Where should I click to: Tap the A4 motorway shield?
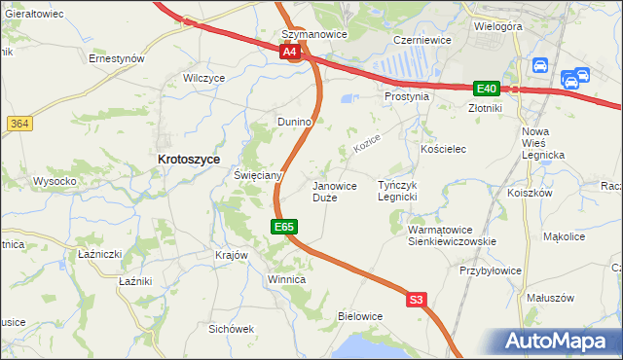[x=289, y=53]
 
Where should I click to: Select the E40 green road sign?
[x=487, y=88]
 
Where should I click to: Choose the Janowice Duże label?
[x=333, y=191]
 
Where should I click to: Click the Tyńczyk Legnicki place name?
[x=397, y=191]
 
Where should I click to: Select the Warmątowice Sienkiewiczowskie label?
[x=452, y=235]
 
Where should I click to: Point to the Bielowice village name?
[x=359, y=316]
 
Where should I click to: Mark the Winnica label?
[x=286, y=279]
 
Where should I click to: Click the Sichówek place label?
[x=231, y=329]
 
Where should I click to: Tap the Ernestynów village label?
[x=117, y=58]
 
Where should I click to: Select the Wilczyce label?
[x=204, y=77]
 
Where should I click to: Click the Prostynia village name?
[x=407, y=97]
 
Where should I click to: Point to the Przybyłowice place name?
[x=492, y=270]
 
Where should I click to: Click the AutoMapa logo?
[x=562, y=341]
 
